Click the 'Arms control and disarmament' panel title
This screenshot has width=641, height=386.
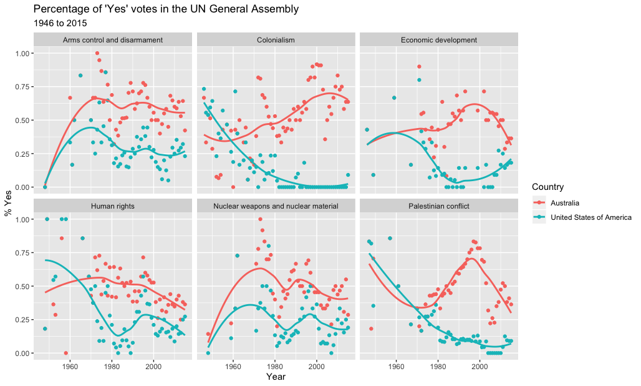tap(113, 40)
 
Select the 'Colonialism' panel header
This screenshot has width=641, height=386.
tap(276, 40)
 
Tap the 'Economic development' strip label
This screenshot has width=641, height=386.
tap(438, 40)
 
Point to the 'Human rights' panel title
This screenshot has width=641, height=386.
tap(113, 206)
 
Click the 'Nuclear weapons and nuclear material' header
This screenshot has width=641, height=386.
tap(276, 206)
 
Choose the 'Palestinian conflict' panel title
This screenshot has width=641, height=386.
tap(438, 206)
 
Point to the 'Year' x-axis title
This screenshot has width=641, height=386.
tap(276, 377)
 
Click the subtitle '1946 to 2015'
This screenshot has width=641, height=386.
tap(60, 23)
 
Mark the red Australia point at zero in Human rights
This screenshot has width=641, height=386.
tap(65, 353)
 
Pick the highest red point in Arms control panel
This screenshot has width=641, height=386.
tap(97, 54)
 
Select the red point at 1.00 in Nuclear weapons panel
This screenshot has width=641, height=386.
tap(260, 219)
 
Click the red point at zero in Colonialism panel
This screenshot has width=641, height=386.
tap(233, 187)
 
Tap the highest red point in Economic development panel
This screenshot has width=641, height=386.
tap(419, 67)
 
